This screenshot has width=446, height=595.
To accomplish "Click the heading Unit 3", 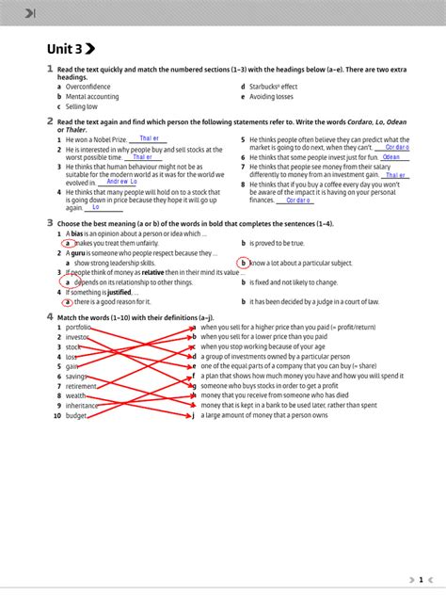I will click(x=70, y=50).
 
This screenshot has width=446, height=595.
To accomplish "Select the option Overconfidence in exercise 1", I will click(x=88, y=87).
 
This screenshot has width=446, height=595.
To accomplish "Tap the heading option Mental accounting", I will click(x=92, y=96).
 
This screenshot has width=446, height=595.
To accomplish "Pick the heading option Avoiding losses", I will click(x=273, y=96).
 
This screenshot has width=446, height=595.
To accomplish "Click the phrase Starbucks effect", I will click(x=275, y=87).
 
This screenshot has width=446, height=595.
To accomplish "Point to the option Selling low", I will click(x=82, y=106).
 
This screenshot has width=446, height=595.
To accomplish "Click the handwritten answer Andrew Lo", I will click(x=122, y=182).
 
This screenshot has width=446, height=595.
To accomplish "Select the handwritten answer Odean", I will click(x=391, y=157).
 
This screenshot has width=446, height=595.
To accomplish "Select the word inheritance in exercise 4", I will click(x=83, y=406).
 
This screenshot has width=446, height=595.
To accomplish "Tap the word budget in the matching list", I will click(x=76, y=415).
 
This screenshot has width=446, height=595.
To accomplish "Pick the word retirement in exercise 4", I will click(x=82, y=386).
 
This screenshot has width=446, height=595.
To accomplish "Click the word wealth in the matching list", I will click(x=76, y=396).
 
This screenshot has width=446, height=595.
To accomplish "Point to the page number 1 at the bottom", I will click(x=422, y=580).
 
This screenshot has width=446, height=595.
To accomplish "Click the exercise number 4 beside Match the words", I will click(x=50, y=317).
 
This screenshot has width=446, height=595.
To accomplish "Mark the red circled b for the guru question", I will click(x=243, y=263).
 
